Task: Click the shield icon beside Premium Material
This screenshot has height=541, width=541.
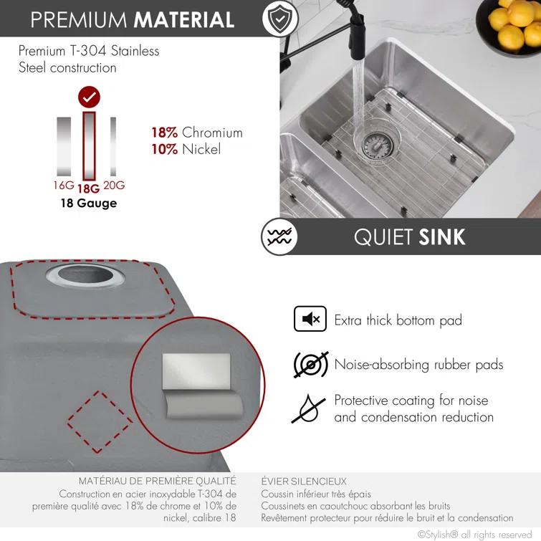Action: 279,19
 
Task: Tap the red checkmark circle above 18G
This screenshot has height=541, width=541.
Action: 89,97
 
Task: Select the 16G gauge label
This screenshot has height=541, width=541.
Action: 64,186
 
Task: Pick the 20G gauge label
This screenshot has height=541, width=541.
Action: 114,186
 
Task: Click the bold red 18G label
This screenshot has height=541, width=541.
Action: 89,188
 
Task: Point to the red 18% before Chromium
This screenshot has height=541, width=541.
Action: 164,133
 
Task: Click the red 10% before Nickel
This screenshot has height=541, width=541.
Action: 164,149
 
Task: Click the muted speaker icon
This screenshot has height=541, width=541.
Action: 310,320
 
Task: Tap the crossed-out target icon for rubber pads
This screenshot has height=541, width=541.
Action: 310,365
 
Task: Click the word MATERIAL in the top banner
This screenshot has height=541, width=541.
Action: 183,19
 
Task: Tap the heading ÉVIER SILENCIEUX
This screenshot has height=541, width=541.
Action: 303,482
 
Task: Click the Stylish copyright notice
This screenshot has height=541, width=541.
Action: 475,534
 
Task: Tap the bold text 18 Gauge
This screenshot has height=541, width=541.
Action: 88,203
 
